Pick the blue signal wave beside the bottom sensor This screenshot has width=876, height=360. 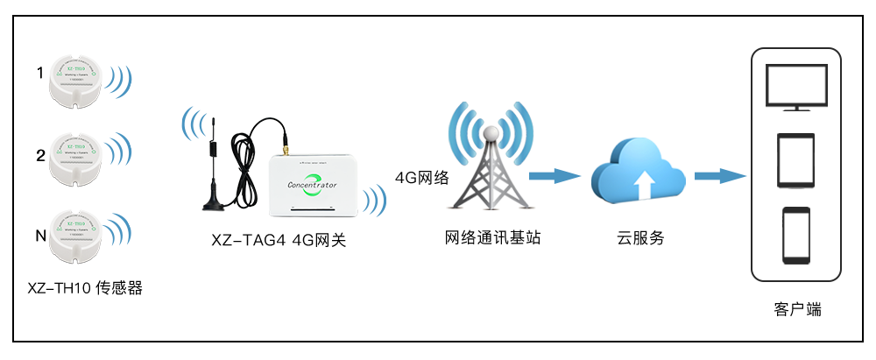[x=124, y=229]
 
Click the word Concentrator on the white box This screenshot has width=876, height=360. [x=312, y=185]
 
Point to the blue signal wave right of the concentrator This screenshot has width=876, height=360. [x=378, y=198]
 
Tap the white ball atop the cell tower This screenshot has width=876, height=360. [x=492, y=132]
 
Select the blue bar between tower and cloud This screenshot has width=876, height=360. [x=555, y=176]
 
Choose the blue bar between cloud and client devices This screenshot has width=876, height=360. [x=720, y=176]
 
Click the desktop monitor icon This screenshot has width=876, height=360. [x=795, y=88]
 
